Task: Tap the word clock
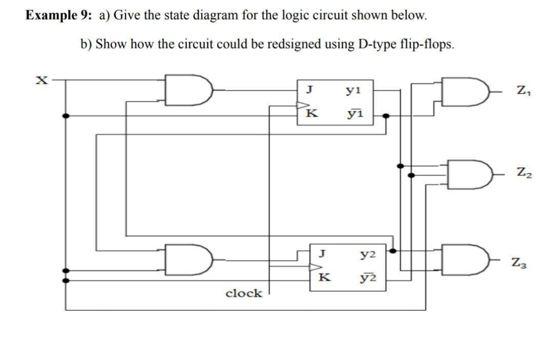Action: (244, 293)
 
